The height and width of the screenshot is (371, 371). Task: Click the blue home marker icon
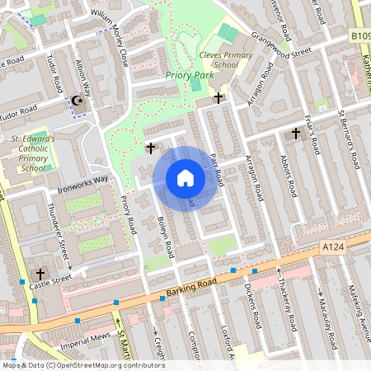click(185, 178)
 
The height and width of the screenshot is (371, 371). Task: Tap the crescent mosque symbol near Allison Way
click(79, 101)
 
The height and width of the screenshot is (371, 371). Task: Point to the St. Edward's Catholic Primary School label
click(32, 153)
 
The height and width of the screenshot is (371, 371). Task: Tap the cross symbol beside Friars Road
click(296, 133)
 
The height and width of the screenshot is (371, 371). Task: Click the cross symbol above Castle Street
click(40, 274)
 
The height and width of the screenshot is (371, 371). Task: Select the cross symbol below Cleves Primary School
click(218, 98)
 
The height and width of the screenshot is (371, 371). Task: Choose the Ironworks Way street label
click(82, 181)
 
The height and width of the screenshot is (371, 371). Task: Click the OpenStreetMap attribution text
click(82, 365)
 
